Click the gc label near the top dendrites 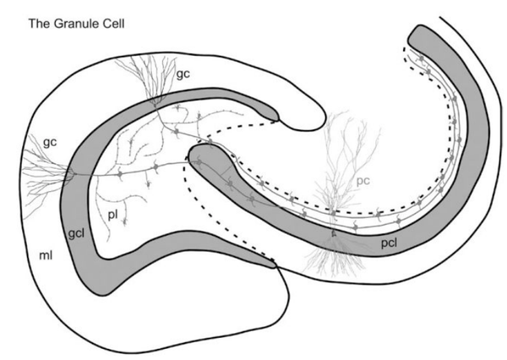pyautogui.click(x=182, y=74)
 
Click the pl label pyautogui.click(x=113, y=215)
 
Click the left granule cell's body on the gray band pyautogui.click(x=74, y=174)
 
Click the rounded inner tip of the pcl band pyautogui.click(x=199, y=155)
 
